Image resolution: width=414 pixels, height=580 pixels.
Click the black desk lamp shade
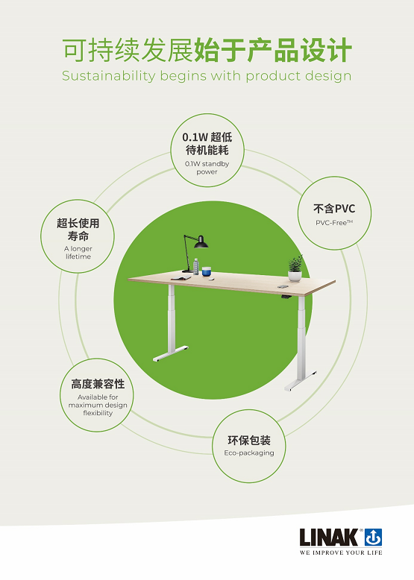click(201, 242)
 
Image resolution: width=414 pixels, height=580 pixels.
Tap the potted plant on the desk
click(295, 268)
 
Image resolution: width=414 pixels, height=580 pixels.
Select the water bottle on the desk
click(195, 266)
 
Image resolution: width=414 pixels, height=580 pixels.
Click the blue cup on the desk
click(207, 271)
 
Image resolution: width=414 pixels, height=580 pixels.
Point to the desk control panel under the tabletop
click(285, 296)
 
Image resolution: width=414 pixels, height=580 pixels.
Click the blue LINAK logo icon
click(373, 537)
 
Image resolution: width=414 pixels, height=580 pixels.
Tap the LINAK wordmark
click(329, 538)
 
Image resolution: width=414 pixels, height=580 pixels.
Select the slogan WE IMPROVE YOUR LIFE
click(341, 552)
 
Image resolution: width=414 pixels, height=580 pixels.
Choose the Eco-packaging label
click(249, 453)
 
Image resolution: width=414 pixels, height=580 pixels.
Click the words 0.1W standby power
click(207, 168)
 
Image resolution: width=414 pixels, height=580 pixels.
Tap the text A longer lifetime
click(78, 253)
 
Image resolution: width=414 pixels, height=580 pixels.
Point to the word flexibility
click(98, 413)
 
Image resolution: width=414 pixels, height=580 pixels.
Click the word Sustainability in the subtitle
click(108, 76)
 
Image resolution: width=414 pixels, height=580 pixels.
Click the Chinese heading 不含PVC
click(334, 209)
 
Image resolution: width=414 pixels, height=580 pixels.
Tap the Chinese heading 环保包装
click(249, 440)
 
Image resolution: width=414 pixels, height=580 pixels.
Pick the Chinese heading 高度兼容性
click(98, 384)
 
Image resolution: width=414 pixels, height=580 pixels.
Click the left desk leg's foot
click(171, 353)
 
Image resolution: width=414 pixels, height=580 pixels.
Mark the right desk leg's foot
click(301, 382)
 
